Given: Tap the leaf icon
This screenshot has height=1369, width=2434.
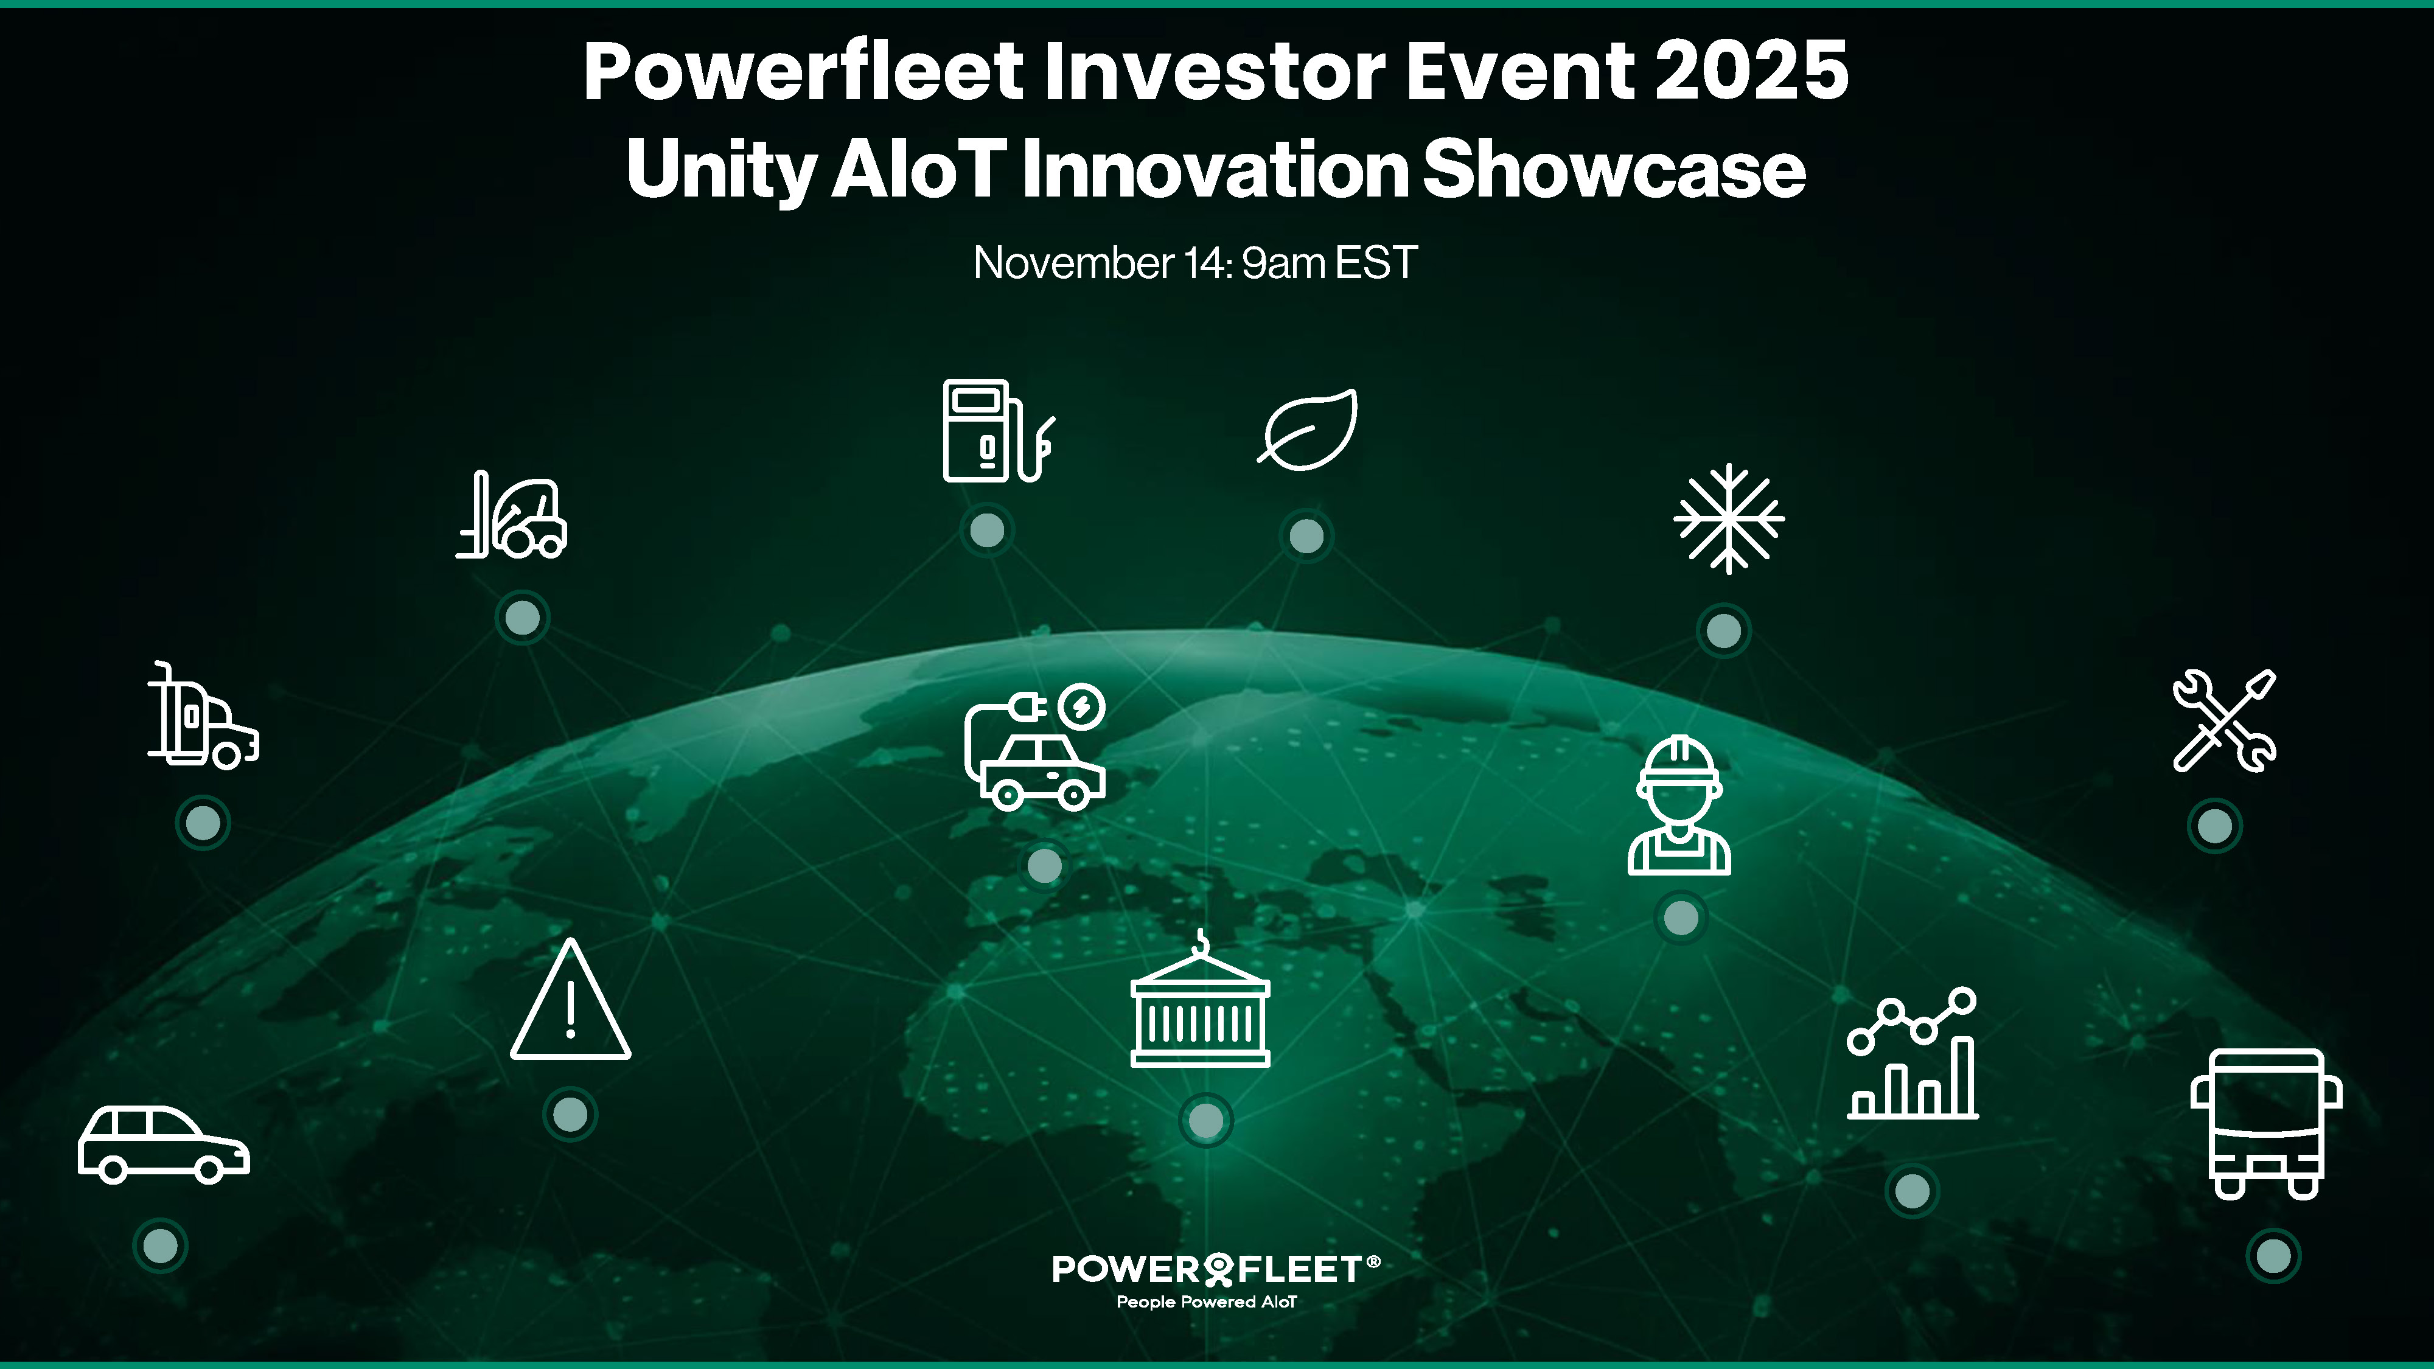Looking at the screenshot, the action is [x=1308, y=429].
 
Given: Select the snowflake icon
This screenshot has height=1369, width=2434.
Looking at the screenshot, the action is [x=1728, y=518].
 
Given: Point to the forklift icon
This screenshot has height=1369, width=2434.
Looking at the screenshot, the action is [x=511, y=514].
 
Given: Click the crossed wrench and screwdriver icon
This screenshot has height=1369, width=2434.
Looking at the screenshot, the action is [x=2224, y=721].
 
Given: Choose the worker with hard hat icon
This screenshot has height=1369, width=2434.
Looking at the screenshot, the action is [x=1679, y=805].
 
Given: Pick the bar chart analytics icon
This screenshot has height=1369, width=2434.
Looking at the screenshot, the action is [x=1913, y=1053].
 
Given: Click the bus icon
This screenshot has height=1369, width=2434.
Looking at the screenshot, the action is [x=2266, y=1123].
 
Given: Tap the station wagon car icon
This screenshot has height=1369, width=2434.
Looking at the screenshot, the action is [x=164, y=1144].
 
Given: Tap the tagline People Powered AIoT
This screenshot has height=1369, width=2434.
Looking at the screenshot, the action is [x=1207, y=1302].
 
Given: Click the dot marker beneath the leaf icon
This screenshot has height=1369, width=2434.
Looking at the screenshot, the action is [x=1307, y=535].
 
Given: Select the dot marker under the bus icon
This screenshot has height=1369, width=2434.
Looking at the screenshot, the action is [x=2273, y=1256].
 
